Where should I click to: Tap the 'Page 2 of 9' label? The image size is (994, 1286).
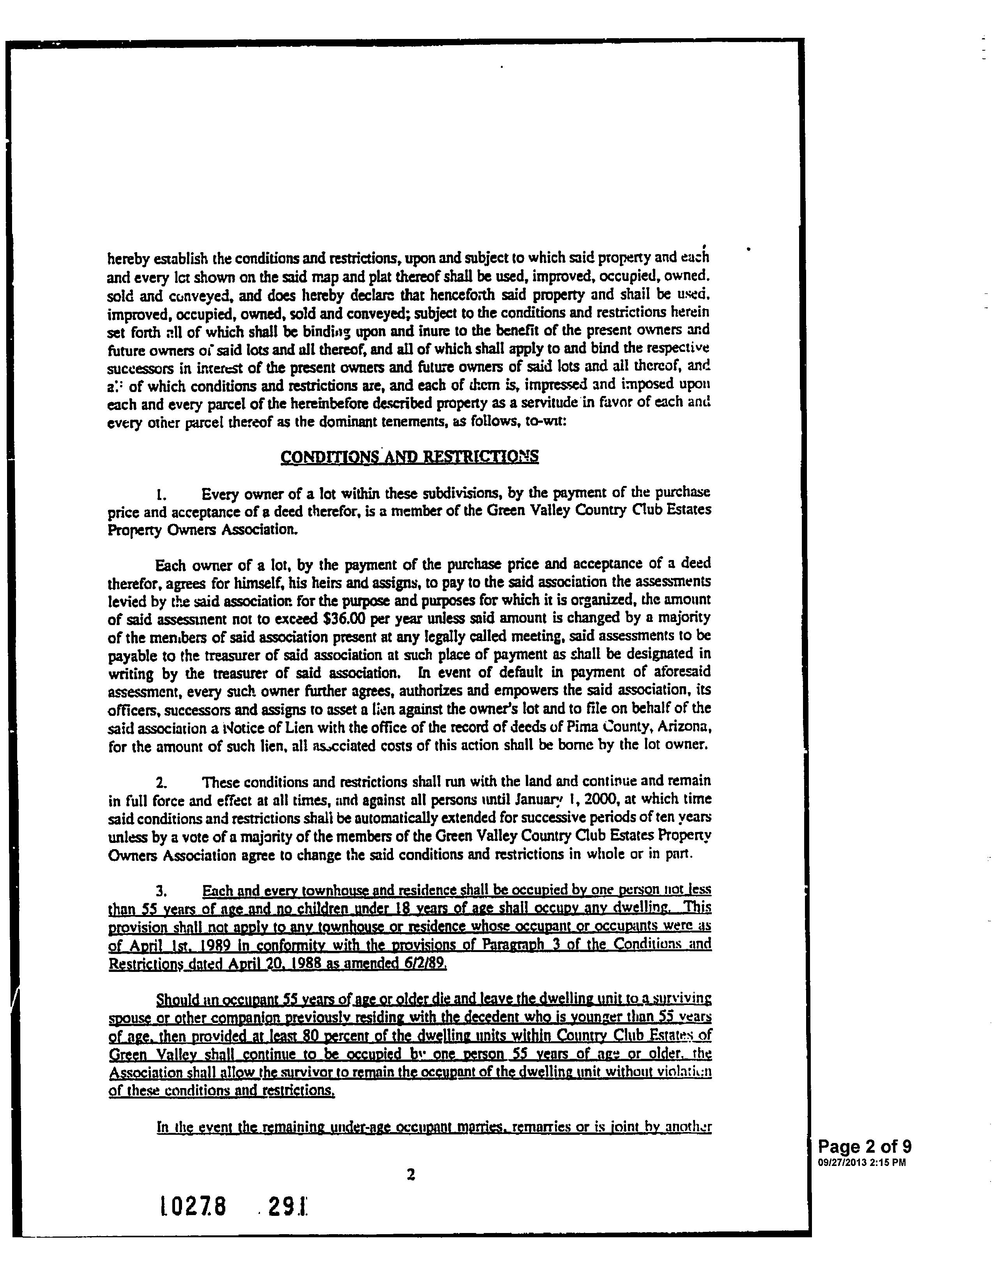(865, 1146)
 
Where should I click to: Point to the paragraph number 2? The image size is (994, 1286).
(159, 783)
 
